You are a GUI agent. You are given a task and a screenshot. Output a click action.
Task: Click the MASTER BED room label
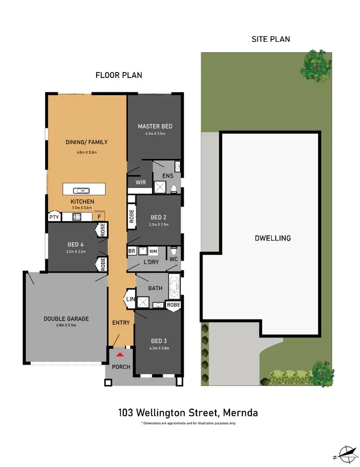click(x=155, y=126)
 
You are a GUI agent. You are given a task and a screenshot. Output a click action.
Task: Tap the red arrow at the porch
click(x=120, y=355)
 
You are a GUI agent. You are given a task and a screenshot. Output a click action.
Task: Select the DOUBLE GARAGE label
click(x=66, y=319)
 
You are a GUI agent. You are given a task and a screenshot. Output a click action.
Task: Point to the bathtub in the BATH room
click(x=173, y=286)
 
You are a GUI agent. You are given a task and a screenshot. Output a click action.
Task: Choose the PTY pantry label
click(x=53, y=217)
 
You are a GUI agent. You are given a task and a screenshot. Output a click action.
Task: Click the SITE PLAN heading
click(x=271, y=39)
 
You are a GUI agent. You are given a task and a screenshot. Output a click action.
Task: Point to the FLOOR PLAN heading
click(x=119, y=75)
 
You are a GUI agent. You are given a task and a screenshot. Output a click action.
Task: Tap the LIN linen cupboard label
click(x=130, y=299)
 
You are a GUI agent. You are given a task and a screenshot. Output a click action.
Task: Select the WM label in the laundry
click(x=153, y=251)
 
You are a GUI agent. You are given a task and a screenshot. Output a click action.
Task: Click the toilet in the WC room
click(x=174, y=251)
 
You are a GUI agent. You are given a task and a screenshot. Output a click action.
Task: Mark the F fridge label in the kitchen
click(x=99, y=217)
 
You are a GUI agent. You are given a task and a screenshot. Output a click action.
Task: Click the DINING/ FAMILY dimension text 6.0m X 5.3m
click(x=86, y=152)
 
